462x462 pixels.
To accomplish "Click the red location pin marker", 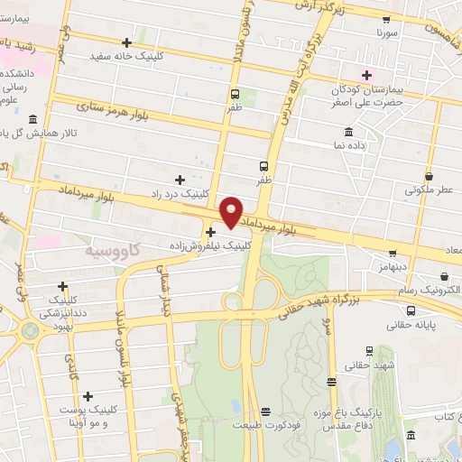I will pos(231,211).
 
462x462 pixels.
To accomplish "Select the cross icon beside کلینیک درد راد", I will pos(180,180).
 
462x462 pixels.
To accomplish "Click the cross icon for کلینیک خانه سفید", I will pos(126,42).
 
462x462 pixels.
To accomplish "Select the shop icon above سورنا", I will pos(387,20).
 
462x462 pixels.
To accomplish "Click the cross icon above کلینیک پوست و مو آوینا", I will pos(88,396).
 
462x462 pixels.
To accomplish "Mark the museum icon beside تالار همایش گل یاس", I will pos(32,120).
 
